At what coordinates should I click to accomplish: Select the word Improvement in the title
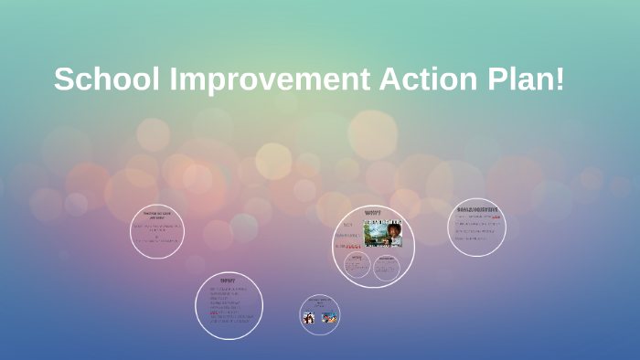coord(263,79)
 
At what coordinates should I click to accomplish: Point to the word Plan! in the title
coord(521,79)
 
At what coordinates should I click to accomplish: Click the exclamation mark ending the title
coord(560,79)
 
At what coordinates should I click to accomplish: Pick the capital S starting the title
coord(63,79)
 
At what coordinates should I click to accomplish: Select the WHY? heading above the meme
coord(373,213)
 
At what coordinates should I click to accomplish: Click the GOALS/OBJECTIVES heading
coord(477,209)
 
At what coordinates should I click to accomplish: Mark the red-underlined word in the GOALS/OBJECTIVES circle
coord(496,217)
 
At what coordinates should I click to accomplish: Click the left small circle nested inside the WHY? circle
coord(357,266)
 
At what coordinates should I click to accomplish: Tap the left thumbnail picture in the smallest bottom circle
coord(309,318)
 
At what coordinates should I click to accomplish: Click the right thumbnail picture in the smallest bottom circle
coord(329,318)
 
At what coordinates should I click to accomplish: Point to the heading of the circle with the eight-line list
coord(228,280)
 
